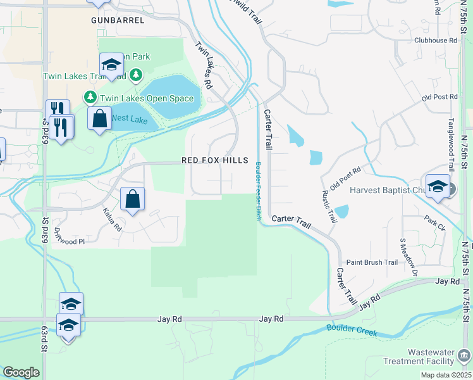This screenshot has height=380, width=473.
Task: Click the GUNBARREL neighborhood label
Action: [x=118, y=20]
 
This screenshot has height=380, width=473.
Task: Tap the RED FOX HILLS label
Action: [x=215, y=161]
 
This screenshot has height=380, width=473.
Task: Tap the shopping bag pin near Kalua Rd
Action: [x=133, y=200]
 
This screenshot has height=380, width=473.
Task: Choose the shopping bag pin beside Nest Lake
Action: [x=100, y=119]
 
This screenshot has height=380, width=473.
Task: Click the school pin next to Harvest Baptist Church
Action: [x=437, y=186]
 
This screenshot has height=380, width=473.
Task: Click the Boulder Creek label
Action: [x=352, y=330]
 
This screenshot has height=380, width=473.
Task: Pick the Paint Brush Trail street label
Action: [x=372, y=262]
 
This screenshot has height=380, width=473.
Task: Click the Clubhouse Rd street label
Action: [x=435, y=40]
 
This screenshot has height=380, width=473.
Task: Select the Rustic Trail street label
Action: [x=329, y=206]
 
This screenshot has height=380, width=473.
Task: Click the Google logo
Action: [x=21, y=372]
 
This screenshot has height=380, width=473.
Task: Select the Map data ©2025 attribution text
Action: [x=445, y=375]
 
